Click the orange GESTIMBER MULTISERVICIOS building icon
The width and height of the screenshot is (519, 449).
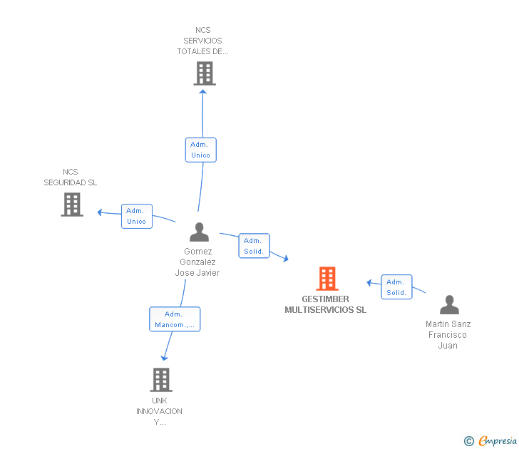tap(327, 279)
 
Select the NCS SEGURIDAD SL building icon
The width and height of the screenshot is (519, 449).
tap(72, 205)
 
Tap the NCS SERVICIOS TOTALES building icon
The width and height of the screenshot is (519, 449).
tap(204, 73)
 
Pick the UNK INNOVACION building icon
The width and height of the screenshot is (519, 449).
tap(161, 380)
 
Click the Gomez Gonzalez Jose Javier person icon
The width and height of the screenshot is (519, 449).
tap(199, 232)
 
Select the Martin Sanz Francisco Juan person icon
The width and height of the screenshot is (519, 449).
tap(449, 305)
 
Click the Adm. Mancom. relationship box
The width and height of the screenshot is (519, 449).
tap(175, 319)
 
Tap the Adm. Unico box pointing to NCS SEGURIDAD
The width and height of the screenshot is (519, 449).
tap(136, 216)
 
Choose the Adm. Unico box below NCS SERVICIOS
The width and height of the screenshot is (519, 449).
tap(200, 150)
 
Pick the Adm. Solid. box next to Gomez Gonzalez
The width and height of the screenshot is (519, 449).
tap(254, 246)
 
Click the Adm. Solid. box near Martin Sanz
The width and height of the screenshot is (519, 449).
tap(396, 287)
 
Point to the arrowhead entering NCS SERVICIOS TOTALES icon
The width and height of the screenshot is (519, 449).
tap(203, 91)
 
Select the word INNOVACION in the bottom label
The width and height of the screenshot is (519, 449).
tap(159, 411)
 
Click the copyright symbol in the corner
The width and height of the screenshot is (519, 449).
tap(468, 441)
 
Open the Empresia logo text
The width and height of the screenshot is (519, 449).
tap(497, 440)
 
